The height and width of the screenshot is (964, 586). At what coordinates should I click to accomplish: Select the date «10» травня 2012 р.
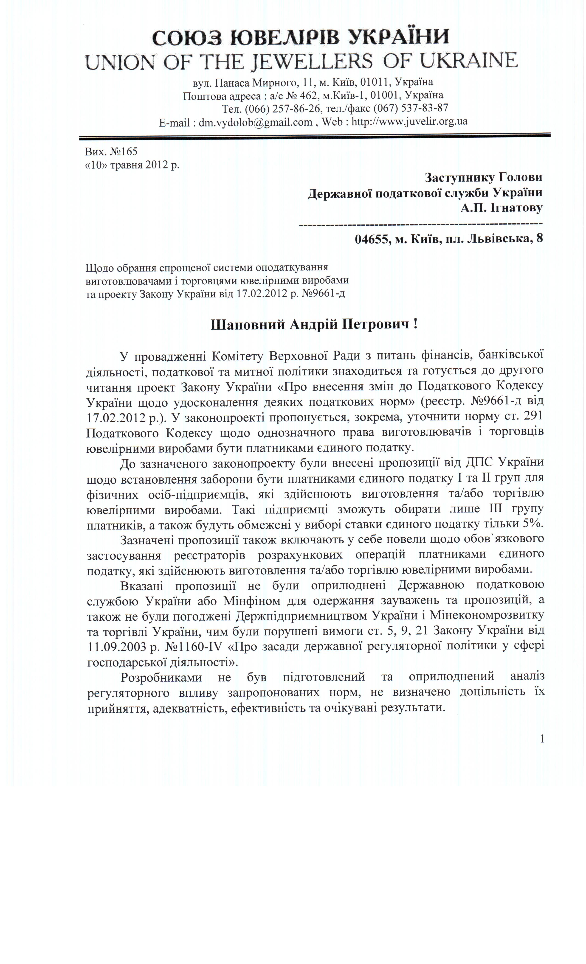(132, 165)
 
